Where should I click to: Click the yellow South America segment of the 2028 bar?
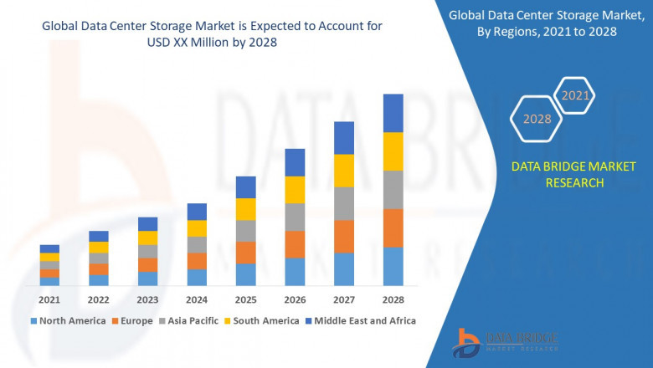click(393, 151)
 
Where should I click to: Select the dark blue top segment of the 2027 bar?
click(343, 138)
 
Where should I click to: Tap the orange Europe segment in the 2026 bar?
click(295, 244)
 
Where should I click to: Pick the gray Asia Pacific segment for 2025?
click(245, 231)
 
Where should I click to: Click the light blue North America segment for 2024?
click(197, 278)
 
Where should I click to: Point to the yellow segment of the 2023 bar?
click(147, 238)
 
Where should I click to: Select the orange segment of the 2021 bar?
click(49, 273)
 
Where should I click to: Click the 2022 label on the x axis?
click(99, 299)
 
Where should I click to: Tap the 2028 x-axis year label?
click(393, 299)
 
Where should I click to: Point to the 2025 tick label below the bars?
click(245, 299)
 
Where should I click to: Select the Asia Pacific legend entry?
click(188, 320)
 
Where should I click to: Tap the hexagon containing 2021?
click(575, 96)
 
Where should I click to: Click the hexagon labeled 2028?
click(537, 120)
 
